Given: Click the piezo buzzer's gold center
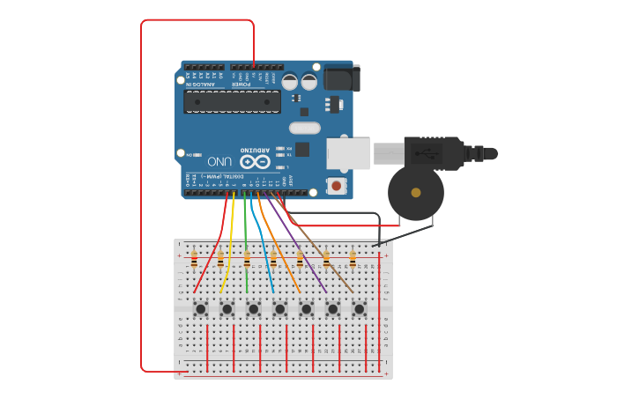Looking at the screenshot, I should point(416,192).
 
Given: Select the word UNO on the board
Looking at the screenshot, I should point(220,163).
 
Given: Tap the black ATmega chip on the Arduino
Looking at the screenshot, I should point(232,101).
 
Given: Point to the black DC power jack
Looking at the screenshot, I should point(341,78).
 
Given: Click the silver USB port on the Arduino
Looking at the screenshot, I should point(348,153).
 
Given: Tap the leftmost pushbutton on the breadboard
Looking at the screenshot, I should point(201,308).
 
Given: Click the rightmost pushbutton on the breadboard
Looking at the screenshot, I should point(359,308).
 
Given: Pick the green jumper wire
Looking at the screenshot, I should point(245,247).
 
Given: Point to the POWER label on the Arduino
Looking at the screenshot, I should point(242,85).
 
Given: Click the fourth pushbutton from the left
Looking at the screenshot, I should point(279,308).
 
